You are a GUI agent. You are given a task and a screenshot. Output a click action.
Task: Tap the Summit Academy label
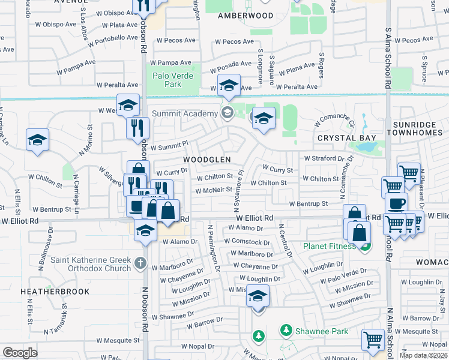[184, 113]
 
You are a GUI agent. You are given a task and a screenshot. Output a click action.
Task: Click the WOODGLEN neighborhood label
[206, 160]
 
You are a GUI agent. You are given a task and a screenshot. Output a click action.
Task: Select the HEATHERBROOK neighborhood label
[55, 292]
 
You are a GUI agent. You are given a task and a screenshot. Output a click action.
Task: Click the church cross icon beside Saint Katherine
[140, 262]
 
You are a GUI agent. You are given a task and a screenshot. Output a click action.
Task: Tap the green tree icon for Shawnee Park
[286, 330]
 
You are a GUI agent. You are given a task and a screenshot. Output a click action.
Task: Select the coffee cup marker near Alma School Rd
[396, 203]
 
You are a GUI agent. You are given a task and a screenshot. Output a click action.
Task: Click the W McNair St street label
[213, 190]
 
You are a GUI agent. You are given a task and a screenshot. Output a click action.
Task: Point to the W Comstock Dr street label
[247, 242]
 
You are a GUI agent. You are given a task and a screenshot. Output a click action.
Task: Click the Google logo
[20, 352]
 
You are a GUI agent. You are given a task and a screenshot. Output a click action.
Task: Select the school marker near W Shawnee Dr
[258, 296]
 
